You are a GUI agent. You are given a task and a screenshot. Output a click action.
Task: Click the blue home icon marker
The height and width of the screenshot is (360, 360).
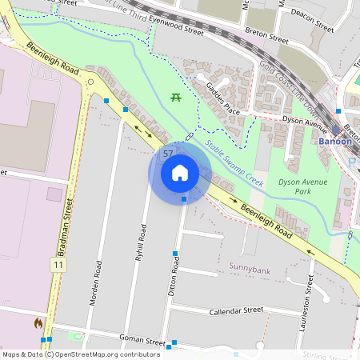tap(180, 173)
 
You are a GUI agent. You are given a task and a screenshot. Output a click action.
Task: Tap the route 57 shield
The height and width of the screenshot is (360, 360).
tap(168, 153)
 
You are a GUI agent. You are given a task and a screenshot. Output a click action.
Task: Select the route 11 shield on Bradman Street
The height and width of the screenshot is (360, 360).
tap(58, 264)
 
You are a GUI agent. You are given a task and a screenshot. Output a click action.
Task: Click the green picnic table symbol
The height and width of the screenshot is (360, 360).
tap(174, 98)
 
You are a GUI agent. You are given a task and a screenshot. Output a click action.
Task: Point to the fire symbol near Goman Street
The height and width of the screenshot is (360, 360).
tap(38, 324)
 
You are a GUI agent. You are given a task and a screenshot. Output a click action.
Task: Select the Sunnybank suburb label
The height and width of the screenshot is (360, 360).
tap(250, 270)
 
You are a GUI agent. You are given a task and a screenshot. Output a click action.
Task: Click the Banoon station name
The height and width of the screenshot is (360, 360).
tap(334, 141)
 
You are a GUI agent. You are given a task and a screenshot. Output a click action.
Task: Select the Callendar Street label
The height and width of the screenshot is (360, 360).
tap(236, 310)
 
